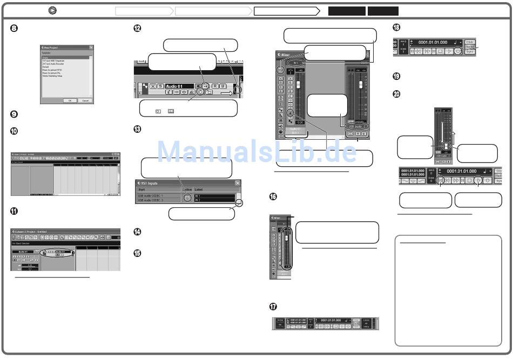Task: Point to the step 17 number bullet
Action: coord(273,307)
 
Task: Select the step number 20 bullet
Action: coord(396,94)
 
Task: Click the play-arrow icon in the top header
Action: coord(52,10)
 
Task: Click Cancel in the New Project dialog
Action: coord(85,100)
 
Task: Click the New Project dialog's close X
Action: coord(91,47)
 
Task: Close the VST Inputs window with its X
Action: coord(238,183)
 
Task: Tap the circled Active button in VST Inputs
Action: coord(187,198)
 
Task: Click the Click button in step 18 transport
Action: coord(470,42)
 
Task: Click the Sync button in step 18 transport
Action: coord(470,52)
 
